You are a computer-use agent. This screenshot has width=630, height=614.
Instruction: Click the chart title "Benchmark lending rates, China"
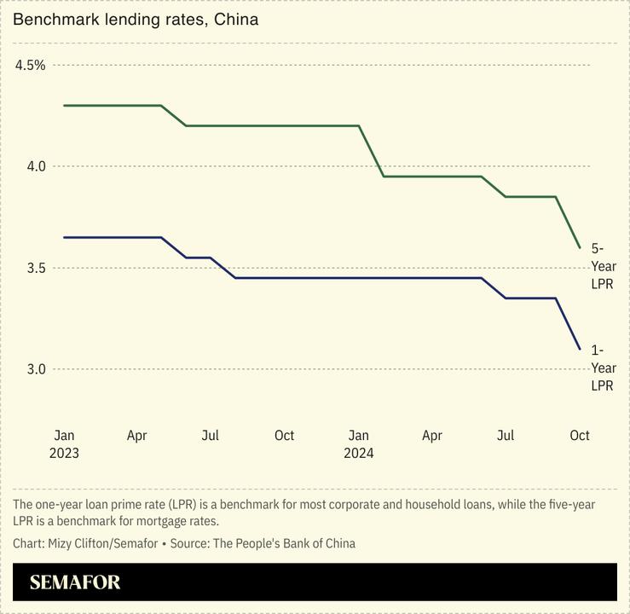tap(136, 18)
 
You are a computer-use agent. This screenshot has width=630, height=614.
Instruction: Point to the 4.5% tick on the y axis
tap(30, 65)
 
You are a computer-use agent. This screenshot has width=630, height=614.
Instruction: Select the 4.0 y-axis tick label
tap(34, 166)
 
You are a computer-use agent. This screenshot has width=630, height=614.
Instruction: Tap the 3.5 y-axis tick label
tap(34, 268)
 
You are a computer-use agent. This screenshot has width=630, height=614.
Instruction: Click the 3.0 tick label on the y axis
tap(34, 369)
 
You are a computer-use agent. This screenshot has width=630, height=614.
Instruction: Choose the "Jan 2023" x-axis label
tap(64, 443)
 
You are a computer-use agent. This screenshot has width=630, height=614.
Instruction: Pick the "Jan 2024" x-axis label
tap(359, 443)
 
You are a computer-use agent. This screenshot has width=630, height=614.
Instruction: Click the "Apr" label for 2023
tap(136, 435)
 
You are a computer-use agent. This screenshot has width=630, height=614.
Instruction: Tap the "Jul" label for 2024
tap(506, 435)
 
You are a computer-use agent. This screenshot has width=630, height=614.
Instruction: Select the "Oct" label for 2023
tap(284, 435)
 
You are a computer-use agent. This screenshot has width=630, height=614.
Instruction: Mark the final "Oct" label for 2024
tap(579, 435)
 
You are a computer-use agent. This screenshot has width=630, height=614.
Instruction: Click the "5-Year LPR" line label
tap(603, 266)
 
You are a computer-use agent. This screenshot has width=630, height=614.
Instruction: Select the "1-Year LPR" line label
tap(603, 368)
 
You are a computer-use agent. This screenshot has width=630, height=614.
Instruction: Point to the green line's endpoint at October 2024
tap(580, 247)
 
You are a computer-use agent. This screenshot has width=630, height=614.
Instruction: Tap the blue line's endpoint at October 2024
tap(580, 349)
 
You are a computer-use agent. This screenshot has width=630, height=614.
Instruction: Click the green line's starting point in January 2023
tap(64, 106)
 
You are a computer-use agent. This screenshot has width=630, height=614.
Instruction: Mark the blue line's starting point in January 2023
tap(64, 237)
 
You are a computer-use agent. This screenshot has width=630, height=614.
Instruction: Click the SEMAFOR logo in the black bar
tap(75, 582)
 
